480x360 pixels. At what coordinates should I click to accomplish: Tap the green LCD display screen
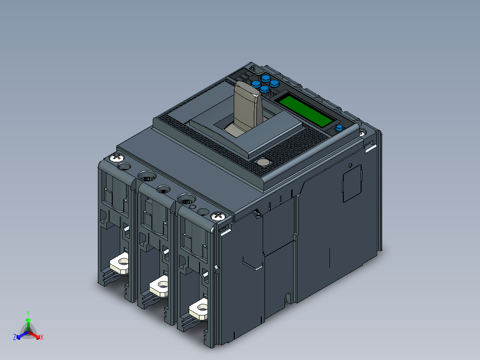point(305,110)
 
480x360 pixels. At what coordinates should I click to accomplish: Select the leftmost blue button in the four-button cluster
point(256,84)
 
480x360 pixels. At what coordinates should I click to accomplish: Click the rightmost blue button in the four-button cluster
point(274,83)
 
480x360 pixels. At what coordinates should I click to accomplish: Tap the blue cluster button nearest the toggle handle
point(265,90)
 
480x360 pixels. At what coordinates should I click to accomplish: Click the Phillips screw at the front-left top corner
point(117,157)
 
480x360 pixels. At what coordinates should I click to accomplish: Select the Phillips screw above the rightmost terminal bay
point(218,216)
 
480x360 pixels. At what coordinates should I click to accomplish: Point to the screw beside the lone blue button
point(362,132)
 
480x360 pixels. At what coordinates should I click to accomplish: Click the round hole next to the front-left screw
point(124,167)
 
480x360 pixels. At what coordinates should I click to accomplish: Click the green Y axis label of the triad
point(28,313)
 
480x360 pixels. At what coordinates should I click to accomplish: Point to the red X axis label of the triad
point(41,337)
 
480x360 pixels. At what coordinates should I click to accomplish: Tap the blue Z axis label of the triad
point(15,337)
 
